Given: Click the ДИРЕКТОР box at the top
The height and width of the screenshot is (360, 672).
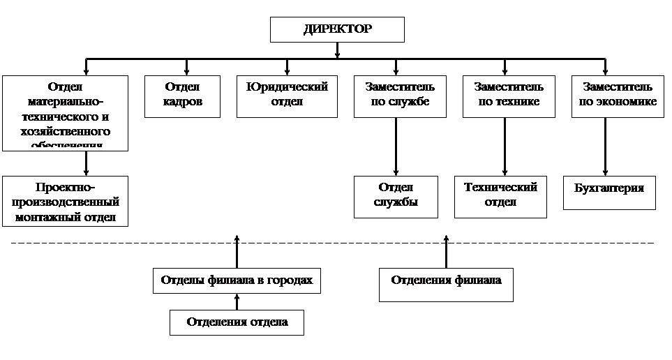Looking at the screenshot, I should tap(337, 30).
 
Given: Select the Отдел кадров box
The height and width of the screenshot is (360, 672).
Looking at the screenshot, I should tap(182, 96).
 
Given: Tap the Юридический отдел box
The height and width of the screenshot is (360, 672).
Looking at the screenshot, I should tap(287, 96).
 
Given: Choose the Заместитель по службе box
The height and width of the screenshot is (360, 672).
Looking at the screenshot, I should tap(400, 96).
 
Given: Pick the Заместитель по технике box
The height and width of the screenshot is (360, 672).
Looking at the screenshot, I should tap(509, 96).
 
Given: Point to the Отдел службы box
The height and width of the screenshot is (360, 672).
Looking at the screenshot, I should tap(396, 197).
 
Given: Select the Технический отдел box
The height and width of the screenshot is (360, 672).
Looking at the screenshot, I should tap(500, 196).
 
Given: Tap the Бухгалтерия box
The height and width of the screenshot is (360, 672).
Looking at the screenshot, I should tap(609, 193).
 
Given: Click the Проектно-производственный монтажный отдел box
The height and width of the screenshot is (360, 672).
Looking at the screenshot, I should tap(66, 201).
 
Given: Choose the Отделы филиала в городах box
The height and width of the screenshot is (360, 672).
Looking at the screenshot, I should tap(237, 280).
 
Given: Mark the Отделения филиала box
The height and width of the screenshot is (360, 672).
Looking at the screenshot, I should tap(446, 285).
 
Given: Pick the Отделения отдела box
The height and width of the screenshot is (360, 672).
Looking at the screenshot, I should tap(237, 322).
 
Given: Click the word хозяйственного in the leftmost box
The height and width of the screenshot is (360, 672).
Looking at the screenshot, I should tap(66, 131).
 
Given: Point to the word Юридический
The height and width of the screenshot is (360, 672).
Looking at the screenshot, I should tap(287, 87).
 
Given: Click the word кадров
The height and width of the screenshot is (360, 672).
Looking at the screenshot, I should tap(182, 102).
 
